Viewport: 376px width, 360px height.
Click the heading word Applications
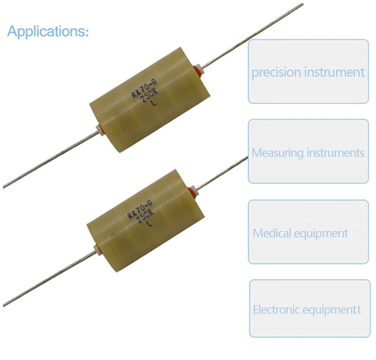pos(48,31)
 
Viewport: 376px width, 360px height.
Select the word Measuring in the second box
pos(277,153)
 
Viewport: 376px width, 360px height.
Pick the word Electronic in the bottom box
pos(276,310)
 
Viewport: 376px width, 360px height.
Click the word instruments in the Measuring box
pos(335,153)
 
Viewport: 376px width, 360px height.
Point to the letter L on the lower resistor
pos(150,225)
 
